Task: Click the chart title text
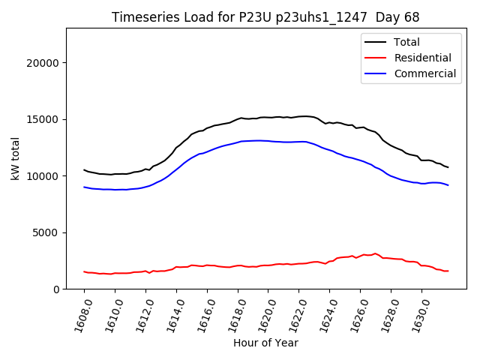(x=265, y=17)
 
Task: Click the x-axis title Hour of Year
(x=265, y=343)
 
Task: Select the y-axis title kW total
(x=16, y=158)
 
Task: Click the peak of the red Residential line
(x=375, y=253)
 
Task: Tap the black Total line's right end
(x=448, y=167)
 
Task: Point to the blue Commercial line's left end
(x=84, y=187)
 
